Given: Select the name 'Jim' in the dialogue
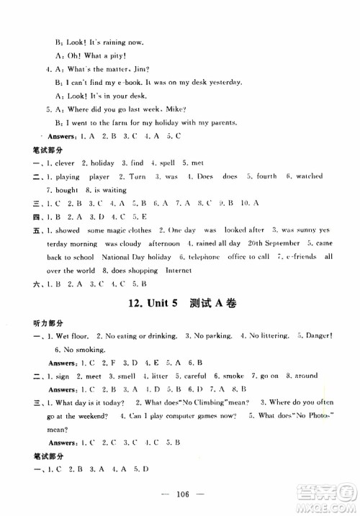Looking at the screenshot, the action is pos(139,69).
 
